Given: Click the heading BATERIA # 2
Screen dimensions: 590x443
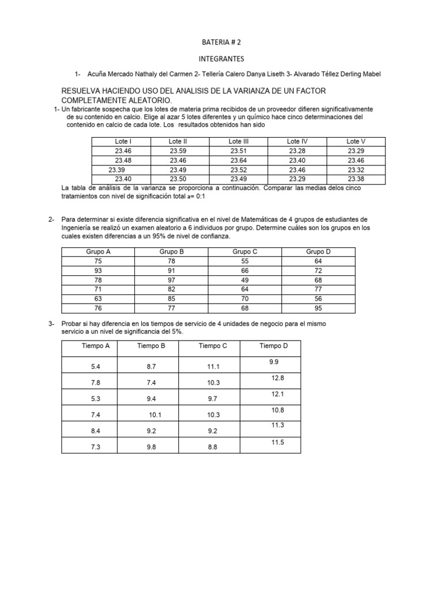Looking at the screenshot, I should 221,43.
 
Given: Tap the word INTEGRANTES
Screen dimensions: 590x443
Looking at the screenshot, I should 221,59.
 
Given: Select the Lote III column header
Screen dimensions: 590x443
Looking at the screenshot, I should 238,141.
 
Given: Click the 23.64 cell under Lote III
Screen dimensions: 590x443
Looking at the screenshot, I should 238,160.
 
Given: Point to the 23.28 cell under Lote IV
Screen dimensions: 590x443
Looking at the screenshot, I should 297,151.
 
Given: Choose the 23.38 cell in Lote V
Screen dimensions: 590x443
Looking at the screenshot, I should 356,179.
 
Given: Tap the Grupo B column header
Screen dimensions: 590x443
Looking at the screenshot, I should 171,252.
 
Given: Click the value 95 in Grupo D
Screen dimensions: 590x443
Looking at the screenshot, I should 318,308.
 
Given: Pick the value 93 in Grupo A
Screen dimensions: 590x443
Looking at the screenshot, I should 97,270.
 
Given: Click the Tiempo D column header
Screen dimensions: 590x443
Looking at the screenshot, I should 273,346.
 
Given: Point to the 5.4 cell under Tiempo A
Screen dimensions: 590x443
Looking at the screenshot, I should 96,366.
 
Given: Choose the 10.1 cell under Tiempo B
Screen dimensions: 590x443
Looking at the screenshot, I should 156,415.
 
